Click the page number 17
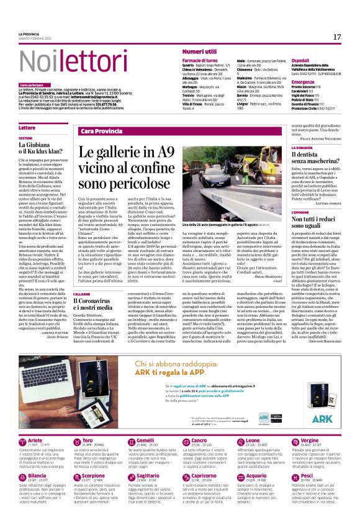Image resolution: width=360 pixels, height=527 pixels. tap(337, 37)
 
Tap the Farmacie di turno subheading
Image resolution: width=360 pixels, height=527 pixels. tap(199, 60)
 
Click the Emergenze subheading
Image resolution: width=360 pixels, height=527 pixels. tap(286, 81)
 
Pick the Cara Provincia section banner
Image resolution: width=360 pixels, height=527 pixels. tap(102, 131)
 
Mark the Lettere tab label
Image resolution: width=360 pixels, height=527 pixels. tap(27, 127)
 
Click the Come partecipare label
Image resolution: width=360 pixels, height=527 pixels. tap(32, 84)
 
